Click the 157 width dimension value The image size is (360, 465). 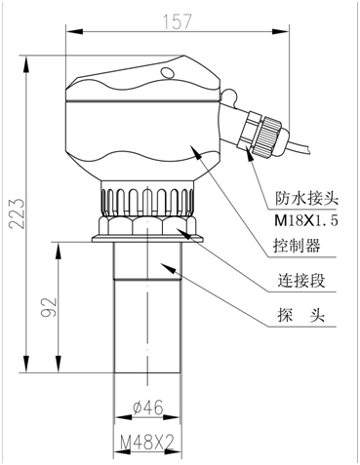[x=178, y=21]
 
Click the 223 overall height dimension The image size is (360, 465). [x=17, y=213]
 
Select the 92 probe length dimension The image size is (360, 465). [x=49, y=307]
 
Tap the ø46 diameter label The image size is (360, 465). [x=148, y=407]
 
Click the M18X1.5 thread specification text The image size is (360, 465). [x=306, y=221]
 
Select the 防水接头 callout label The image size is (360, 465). [x=306, y=198]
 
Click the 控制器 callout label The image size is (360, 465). [x=297, y=246]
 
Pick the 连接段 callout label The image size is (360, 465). [x=301, y=280]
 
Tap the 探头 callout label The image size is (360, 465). [x=301, y=315]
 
